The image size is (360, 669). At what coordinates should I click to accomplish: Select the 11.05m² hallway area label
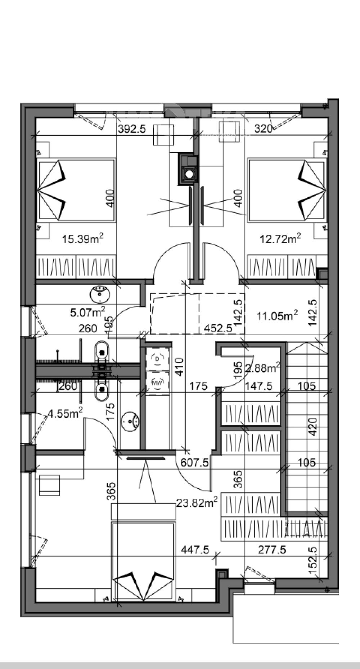[277, 316]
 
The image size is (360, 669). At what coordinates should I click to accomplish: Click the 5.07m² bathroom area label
[87, 312]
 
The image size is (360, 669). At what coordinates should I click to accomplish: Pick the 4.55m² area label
[65, 413]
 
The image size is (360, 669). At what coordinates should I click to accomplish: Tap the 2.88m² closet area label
[262, 368]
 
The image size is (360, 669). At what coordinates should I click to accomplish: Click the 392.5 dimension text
[132, 129]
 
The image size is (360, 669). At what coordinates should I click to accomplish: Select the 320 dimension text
[263, 129]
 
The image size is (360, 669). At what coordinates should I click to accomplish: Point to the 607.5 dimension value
[194, 463]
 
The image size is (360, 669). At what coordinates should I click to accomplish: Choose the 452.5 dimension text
[218, 328]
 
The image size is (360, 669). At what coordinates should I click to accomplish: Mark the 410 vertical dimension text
[180, 367]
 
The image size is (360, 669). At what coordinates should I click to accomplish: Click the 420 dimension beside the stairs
[312, 427]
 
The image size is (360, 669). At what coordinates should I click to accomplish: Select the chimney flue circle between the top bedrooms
[189, 174]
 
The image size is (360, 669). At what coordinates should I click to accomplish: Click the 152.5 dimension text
[312, 560]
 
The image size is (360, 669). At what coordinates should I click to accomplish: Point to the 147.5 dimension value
[258, 386]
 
